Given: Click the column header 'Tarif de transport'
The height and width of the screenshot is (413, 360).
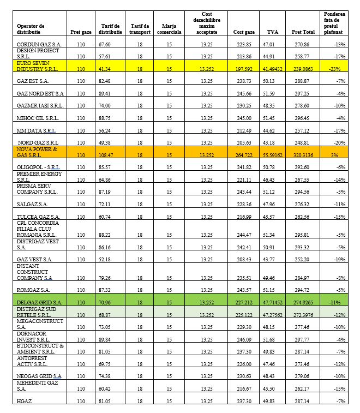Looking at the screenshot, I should coord(140,28).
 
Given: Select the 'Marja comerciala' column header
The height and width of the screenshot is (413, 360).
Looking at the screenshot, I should coord(169,28).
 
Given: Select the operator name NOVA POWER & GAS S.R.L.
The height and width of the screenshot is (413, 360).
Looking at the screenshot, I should coord(37,152).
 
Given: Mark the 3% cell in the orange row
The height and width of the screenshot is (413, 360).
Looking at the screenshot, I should coord(338,155).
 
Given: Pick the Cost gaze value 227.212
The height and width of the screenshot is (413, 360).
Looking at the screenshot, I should coord(240,302).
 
